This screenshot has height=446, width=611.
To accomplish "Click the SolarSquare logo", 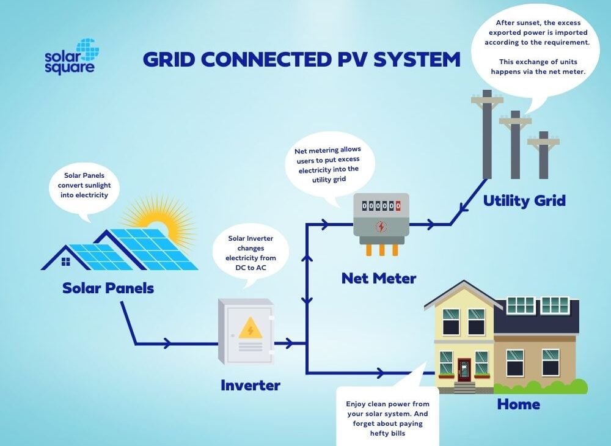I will [71, 56].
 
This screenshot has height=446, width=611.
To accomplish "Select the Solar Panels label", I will [108, 288].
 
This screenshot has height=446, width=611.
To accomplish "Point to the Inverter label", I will [250, 386].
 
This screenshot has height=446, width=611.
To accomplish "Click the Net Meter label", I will [379, 279].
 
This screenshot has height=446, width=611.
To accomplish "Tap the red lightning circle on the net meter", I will [381, 227].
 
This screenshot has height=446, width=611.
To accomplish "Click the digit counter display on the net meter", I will [381, 206].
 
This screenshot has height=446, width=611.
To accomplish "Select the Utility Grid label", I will [524, 200].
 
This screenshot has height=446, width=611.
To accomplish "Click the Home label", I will [518, 404].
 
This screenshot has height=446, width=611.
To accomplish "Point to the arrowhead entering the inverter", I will [166, 345].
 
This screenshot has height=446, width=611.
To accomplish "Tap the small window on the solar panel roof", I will [65, 261].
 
